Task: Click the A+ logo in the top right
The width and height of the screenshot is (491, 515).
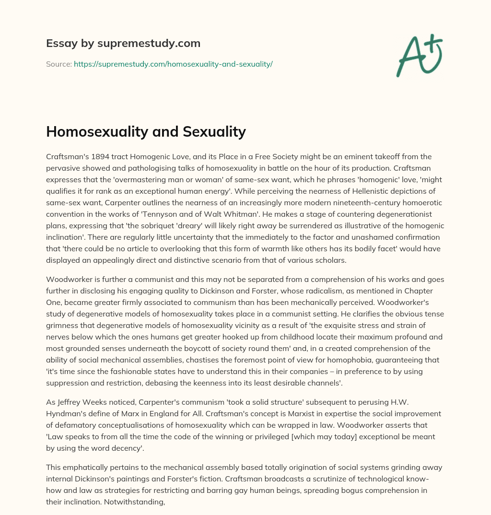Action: click(419, 55)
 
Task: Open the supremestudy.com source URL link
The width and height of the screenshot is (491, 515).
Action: click(173, 64)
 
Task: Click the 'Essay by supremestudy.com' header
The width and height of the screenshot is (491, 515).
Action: click(123, 44)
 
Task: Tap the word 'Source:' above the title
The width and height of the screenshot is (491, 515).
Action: click(58, 64)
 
